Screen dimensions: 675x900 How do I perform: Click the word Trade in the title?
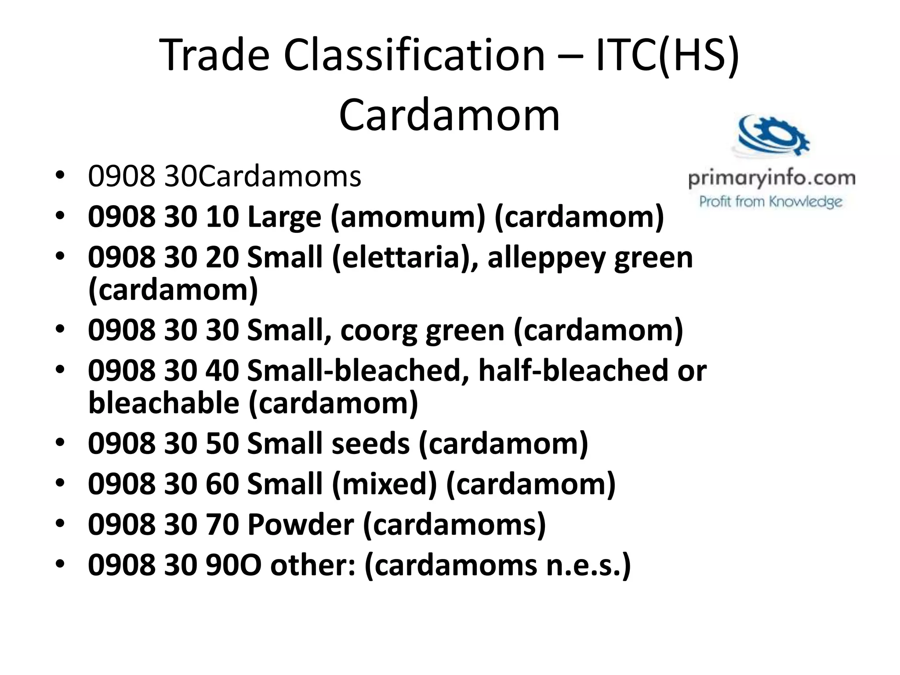pyautogui.click(x=214, y=56)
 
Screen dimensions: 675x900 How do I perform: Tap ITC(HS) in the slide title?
pyautogui.click(x=668, y=56)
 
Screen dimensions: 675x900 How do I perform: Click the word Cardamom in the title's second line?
pyautogui.click(x=449, y=115)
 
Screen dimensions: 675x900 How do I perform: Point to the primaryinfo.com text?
pyautogui.click(x=772, y=179)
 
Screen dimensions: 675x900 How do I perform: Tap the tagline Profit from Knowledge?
pyautogui.click(x=771, y=202)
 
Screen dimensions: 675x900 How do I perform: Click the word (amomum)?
pyautogui.click(x=408, y=217)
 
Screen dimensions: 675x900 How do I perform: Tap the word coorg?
pyautogui.click(x=378, y=330)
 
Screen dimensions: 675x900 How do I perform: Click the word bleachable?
pyautogui.click(x=163, y=403)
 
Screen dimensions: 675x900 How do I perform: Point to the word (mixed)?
pyautogui.click(x=385, y=484)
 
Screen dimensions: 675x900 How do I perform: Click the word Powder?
pyautogui.click(x=301, y=524)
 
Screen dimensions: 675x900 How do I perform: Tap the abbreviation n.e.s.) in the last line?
pyautogui.click(x=588, y=565)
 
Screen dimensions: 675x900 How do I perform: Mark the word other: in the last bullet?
pyautogui.click(x=313, y=565)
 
